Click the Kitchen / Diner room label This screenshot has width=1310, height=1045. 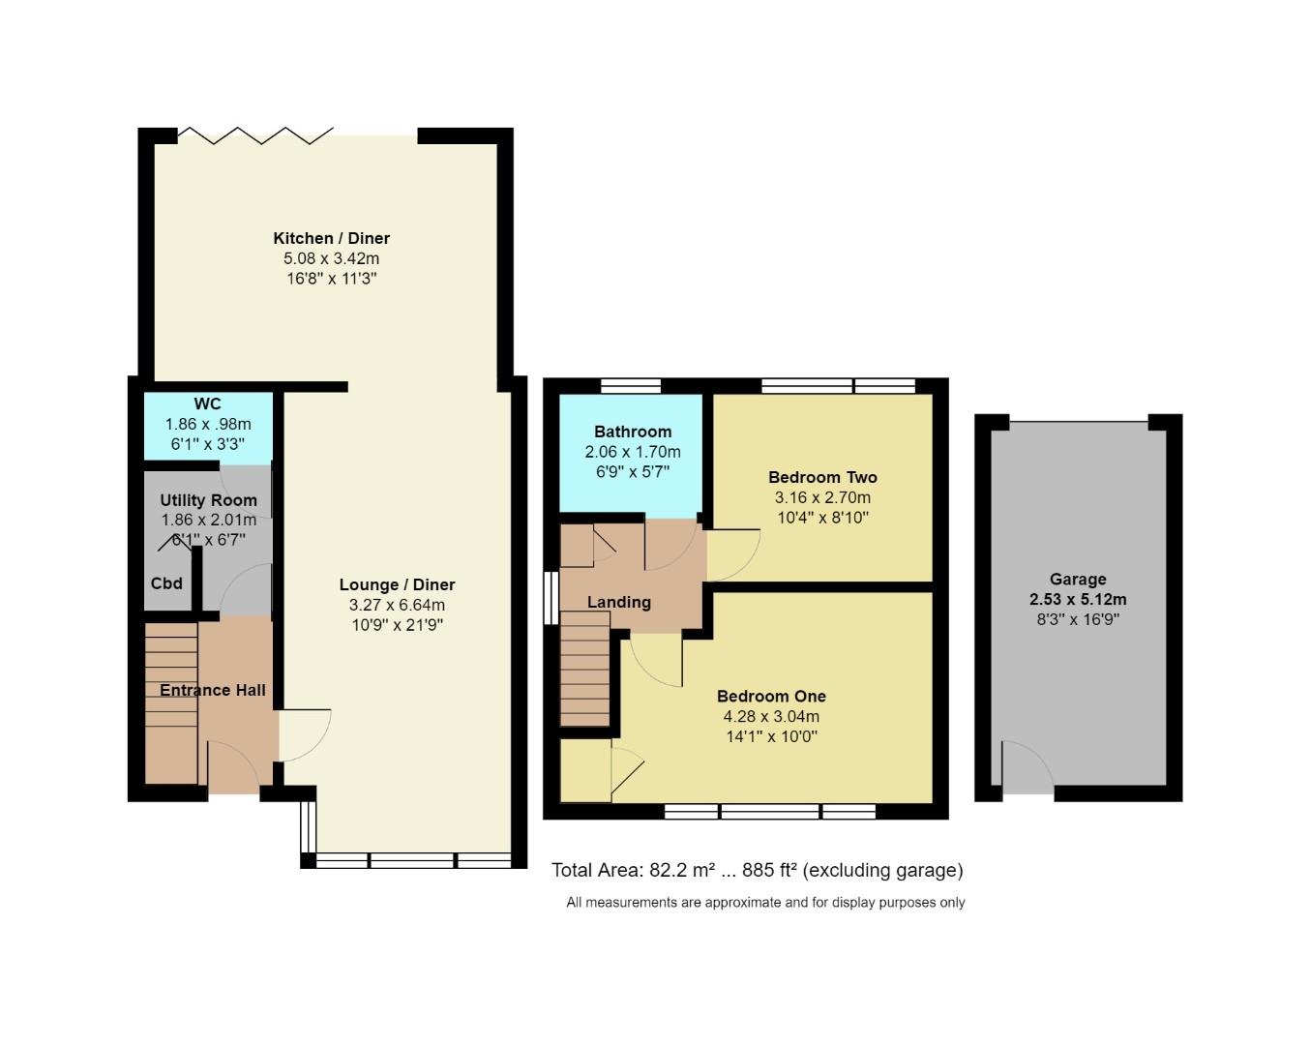point(331,238)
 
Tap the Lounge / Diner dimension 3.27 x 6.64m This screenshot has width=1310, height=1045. point(397,605)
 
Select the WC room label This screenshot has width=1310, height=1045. point(207,404)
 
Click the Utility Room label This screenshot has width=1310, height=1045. point(208,500)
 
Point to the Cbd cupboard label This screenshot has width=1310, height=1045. point(166,583)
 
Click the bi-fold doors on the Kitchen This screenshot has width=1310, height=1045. point(256,135)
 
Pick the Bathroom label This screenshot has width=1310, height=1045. point(633,432)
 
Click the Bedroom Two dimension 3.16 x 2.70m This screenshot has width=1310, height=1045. point(822,497)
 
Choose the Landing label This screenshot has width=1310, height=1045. point(619,602)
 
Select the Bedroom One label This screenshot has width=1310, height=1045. point(771,696)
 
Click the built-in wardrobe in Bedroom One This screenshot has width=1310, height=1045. point(585,771)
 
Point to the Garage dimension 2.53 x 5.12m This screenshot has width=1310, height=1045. point(1078,599)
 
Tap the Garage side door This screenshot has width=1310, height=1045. point(1027,770)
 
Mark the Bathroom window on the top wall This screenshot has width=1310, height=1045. point(631,386)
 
